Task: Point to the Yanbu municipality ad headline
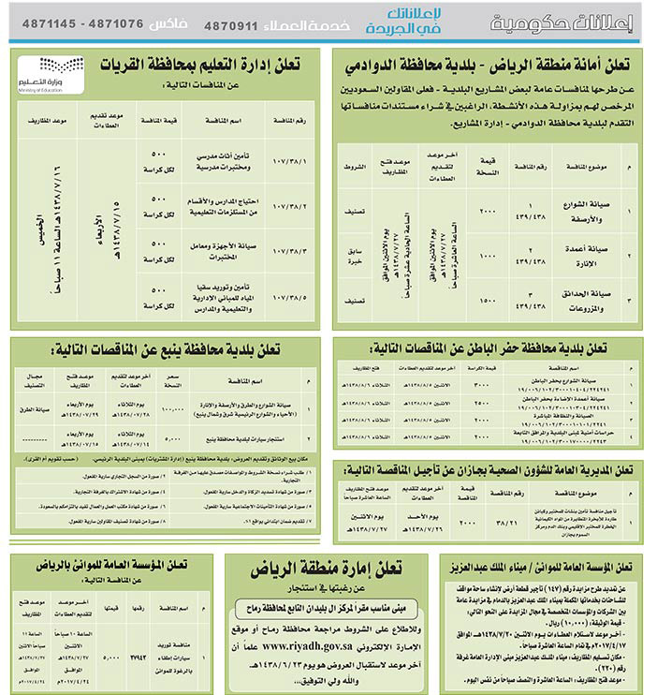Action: click(197, 349)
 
